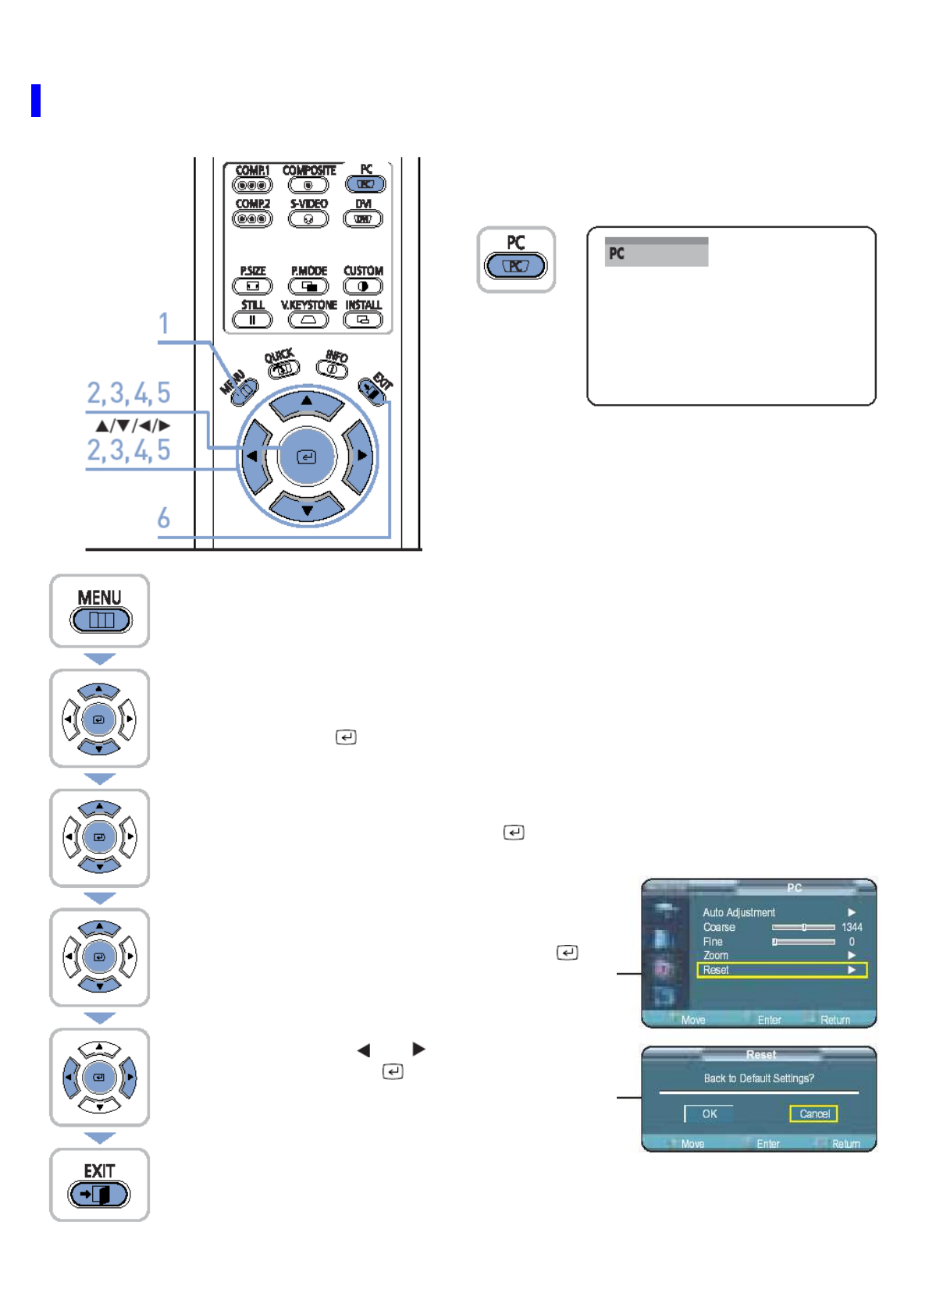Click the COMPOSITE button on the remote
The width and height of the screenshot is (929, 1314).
pos(308,185)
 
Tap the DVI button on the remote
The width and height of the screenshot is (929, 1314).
pos(363,218)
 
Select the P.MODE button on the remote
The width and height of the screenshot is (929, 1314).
pos(309,286)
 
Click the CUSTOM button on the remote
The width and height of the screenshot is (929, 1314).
pos(363,286)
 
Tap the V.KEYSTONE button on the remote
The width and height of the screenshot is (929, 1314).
pos(309,320)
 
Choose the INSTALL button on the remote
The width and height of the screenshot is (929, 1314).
pos(363,320)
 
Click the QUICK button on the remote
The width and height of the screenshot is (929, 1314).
pos(284,368)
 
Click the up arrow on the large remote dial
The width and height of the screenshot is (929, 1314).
pos(307,403)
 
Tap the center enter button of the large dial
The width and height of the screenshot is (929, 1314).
pos(307,456)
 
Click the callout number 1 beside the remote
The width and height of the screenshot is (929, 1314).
pos(164,324)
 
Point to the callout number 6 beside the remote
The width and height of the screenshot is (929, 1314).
pos(164,518)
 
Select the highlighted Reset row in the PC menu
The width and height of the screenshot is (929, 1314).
pos(781,970)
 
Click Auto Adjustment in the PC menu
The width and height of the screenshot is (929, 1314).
pos(739,912)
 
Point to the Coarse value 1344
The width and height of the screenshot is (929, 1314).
pos(852,927)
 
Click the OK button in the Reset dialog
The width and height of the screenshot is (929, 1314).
pos(709,1113)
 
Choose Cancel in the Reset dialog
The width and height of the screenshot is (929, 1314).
pos(813,1113)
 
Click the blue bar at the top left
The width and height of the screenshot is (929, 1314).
pos(36,101)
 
